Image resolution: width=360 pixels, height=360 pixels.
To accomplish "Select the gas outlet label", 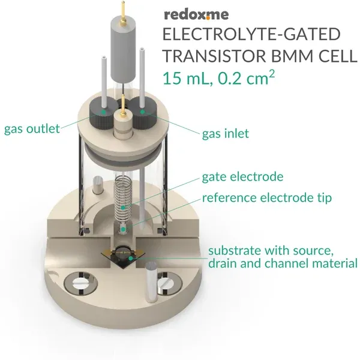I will point(32,129).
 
